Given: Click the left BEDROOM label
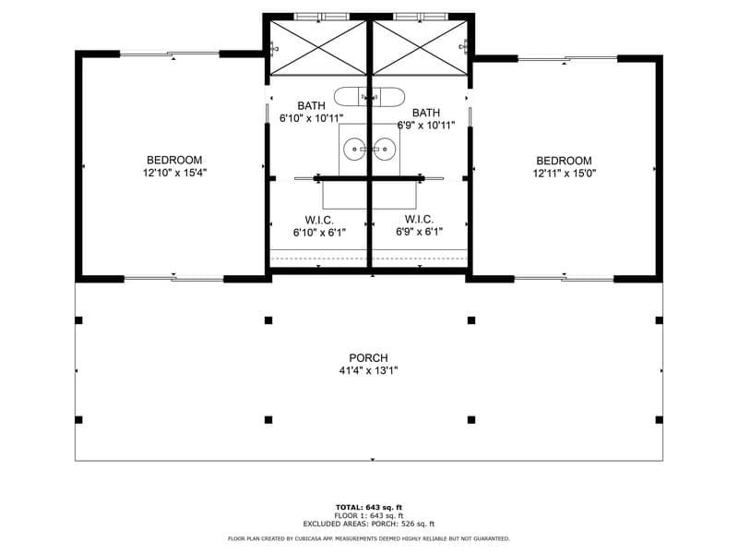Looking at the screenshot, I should point(174,161).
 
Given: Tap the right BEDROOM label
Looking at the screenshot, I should point(564,161).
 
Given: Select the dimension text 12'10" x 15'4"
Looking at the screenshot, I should point(174,173).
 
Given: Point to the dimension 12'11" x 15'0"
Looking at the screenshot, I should point(564,173).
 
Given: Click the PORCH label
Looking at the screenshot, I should point(368,358).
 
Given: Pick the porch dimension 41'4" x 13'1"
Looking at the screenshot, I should point(368,370).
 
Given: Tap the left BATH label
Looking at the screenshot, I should point(311,106).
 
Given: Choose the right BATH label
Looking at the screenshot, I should point(426,113).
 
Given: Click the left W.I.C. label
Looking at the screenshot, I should point(319,220).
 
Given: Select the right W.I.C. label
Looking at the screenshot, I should point(419,219).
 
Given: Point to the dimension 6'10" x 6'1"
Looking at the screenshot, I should point(319,233).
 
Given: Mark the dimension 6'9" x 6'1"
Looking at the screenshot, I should point(419,232).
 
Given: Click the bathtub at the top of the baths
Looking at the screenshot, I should point(369,96).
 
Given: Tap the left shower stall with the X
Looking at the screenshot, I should point(318,47).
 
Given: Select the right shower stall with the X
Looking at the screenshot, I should point(418,47).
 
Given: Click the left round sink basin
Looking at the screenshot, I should point(355,149).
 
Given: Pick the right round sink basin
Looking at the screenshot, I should point(383,149).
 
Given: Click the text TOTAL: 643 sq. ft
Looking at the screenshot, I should point(368,507).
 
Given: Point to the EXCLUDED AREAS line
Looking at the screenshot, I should point(368,524).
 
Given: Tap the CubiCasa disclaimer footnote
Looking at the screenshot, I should point(368,538).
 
